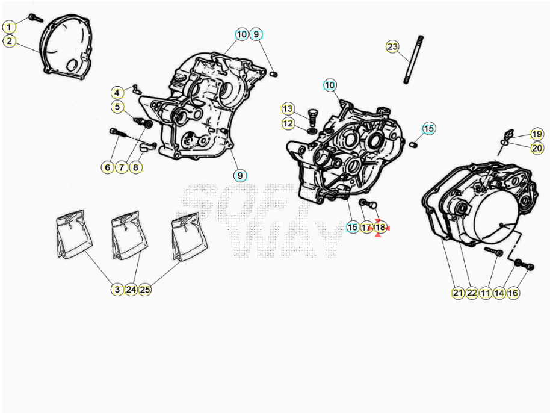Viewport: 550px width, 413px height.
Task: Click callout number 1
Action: pos(10,27)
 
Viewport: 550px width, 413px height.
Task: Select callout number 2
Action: pos(10,41)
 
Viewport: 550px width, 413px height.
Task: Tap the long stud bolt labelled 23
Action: pos(413,60)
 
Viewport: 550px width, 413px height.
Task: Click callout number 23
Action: pos(392,46)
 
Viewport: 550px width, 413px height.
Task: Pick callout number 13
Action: pos(288,109)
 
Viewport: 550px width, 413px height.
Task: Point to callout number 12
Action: pos(288,123)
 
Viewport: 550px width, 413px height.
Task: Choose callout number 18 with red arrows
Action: pos(380,228)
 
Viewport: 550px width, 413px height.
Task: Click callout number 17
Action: pos(366,228)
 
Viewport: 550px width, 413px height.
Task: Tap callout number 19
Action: pos(537,134)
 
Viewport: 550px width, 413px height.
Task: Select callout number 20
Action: pos(537,148)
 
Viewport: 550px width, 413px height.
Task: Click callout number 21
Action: pos(458,293)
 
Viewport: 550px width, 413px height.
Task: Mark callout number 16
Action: pos(513,293)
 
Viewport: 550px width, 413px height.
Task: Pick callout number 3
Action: pos(117,290)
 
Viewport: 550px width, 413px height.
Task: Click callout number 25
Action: pos(145,290)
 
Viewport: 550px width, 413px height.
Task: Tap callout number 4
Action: pos(117,93)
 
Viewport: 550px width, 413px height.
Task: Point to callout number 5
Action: pos(117,107)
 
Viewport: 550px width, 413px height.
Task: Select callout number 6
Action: pos(108,167)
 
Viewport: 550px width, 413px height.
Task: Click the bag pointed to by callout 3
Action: pos(75,234)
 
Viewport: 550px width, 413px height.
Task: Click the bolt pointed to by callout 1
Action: pos(35,18)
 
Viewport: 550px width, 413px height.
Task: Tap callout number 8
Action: pos(136,167)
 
